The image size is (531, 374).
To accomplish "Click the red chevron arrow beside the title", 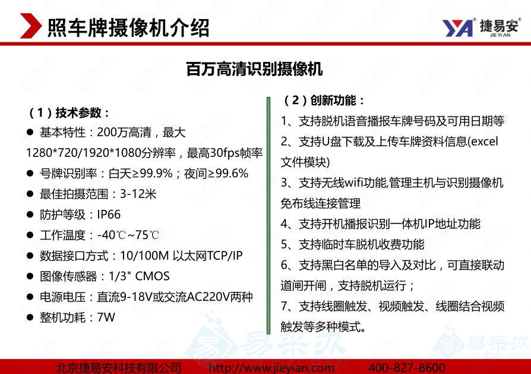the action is click(x=30, y=26).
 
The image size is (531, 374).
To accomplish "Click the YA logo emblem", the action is click(x=457, y=28).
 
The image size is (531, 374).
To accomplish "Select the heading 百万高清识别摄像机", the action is click(x=254, y=69).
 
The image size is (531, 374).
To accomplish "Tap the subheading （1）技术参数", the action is click(x=69, y=112).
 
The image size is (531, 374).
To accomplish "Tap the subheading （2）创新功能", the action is click(x=324, y=100).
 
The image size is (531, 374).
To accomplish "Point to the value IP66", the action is click(x=109, y=214).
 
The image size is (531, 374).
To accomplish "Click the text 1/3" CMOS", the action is click(x=139, y=276).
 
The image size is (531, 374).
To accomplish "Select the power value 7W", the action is click(x=106, y=317).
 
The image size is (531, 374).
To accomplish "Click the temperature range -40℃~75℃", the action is click(x=128, y=235).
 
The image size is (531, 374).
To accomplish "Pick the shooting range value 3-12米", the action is click(x=138, y=194).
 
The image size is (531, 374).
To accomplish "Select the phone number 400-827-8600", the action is click(x=407, y=367).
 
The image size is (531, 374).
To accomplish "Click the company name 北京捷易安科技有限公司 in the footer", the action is click(x=118, y=367).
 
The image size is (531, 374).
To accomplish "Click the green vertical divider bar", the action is click(x=268, y=216).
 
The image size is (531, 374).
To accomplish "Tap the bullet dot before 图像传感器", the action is click(x=30, y=276).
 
